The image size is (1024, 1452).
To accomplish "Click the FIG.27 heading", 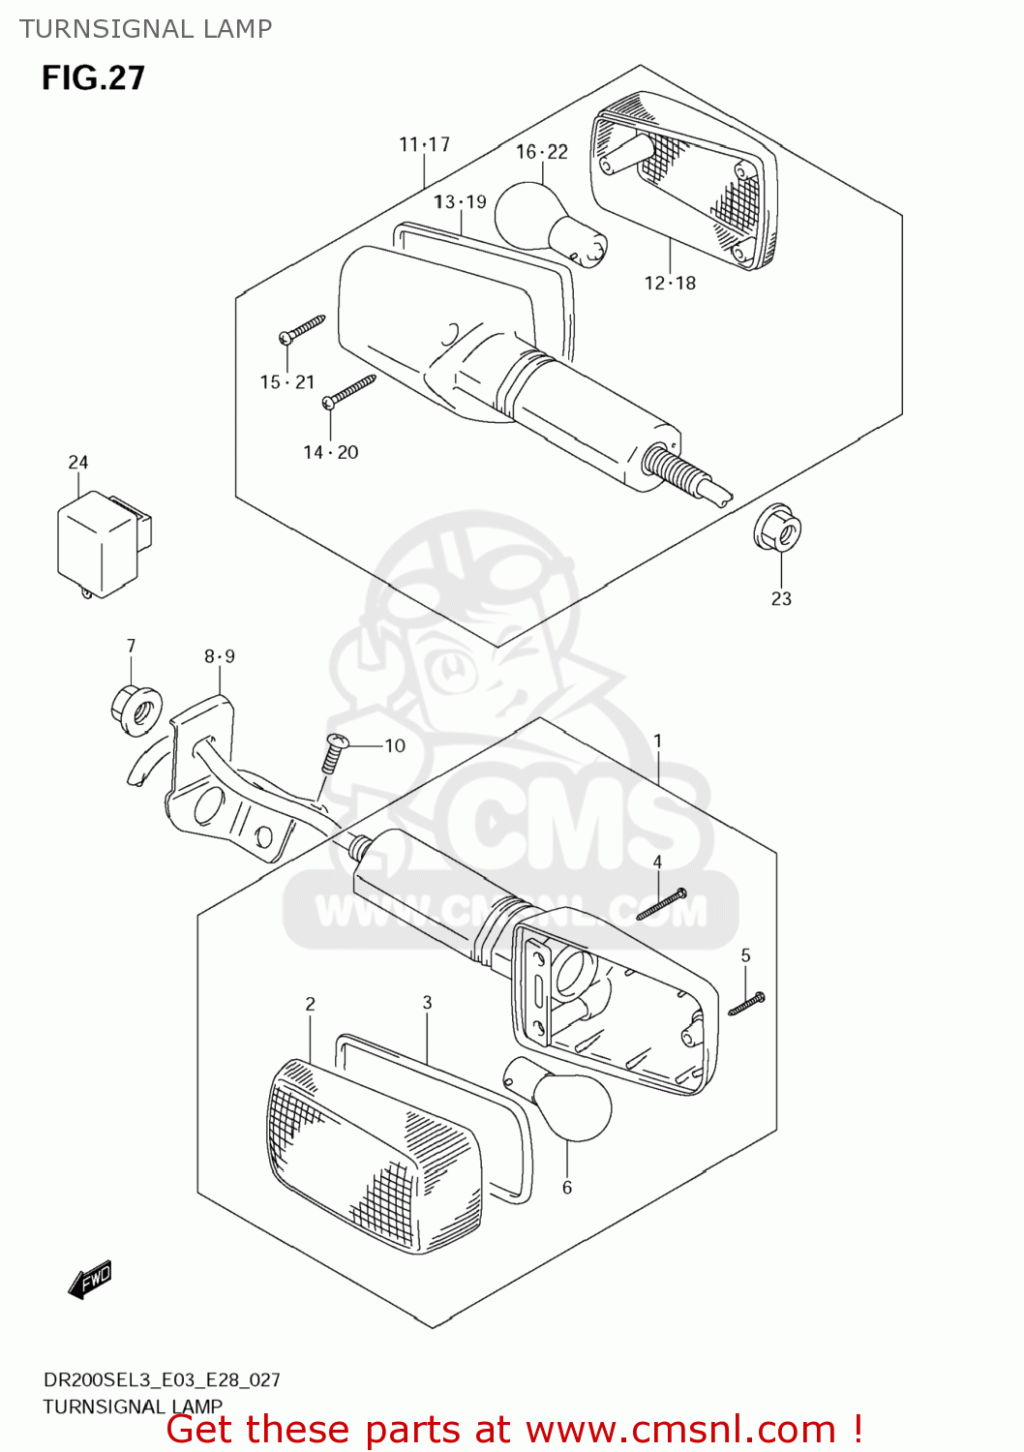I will coord(93,78).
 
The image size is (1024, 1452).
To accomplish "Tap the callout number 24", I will coord(78,463).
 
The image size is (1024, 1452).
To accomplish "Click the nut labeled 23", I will coord(777,529).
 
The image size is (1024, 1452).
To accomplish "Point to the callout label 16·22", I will coord(542,152).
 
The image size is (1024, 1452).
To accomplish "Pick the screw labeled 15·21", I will coord(303,328).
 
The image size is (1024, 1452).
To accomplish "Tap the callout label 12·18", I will coord(670,284).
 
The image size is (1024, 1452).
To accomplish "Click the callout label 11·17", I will coord(425,145).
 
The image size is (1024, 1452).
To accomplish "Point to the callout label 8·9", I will coord(220,656).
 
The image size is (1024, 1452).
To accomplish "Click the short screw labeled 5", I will coord(746,1003).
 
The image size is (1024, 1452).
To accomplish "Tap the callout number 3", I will coord(427,1003).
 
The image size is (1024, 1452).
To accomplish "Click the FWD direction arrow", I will coord(90,1280).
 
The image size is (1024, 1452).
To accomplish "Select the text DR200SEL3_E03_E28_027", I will coord(162,1379).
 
